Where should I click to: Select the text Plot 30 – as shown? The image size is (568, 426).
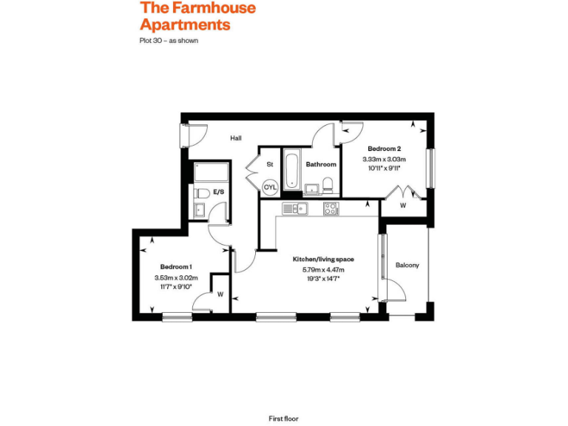[x=169, y=41]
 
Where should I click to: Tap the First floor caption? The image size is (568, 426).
[x=283, y=419]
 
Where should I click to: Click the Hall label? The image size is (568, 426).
[x=235, y=138]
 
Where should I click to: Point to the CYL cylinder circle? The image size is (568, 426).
[x=270, y=187]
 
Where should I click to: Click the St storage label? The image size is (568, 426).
[x=270, y=164]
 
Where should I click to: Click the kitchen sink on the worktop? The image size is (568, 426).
[x=297, y=209]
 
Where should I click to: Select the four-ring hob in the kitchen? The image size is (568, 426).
[x=331, y=209]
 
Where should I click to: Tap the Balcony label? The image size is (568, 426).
[x=407, y=265]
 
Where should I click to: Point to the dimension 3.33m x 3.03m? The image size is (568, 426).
[x=384, y=159]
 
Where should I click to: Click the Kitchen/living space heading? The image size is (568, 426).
[x=323, y=260]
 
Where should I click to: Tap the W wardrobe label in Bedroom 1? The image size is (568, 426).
[x=220, y=294]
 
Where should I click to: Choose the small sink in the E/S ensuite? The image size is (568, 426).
[x=199, y=209]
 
